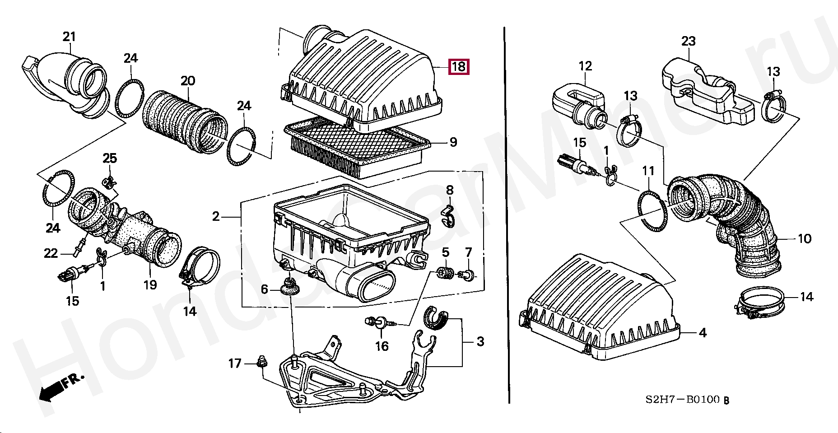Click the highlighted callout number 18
(x=458, y=67)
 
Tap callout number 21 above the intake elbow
(x=69, y=37)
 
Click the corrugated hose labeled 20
(x=185, y=122)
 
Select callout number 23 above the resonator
(x=688, y=42)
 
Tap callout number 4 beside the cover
(x=703, y=333)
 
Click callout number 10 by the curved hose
(x=805, y=238)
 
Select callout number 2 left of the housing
(x=216, y=217)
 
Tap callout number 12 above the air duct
(x=585, y=66)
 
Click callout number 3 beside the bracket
(x=480, y=342)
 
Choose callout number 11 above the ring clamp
(x=648, y=172)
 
